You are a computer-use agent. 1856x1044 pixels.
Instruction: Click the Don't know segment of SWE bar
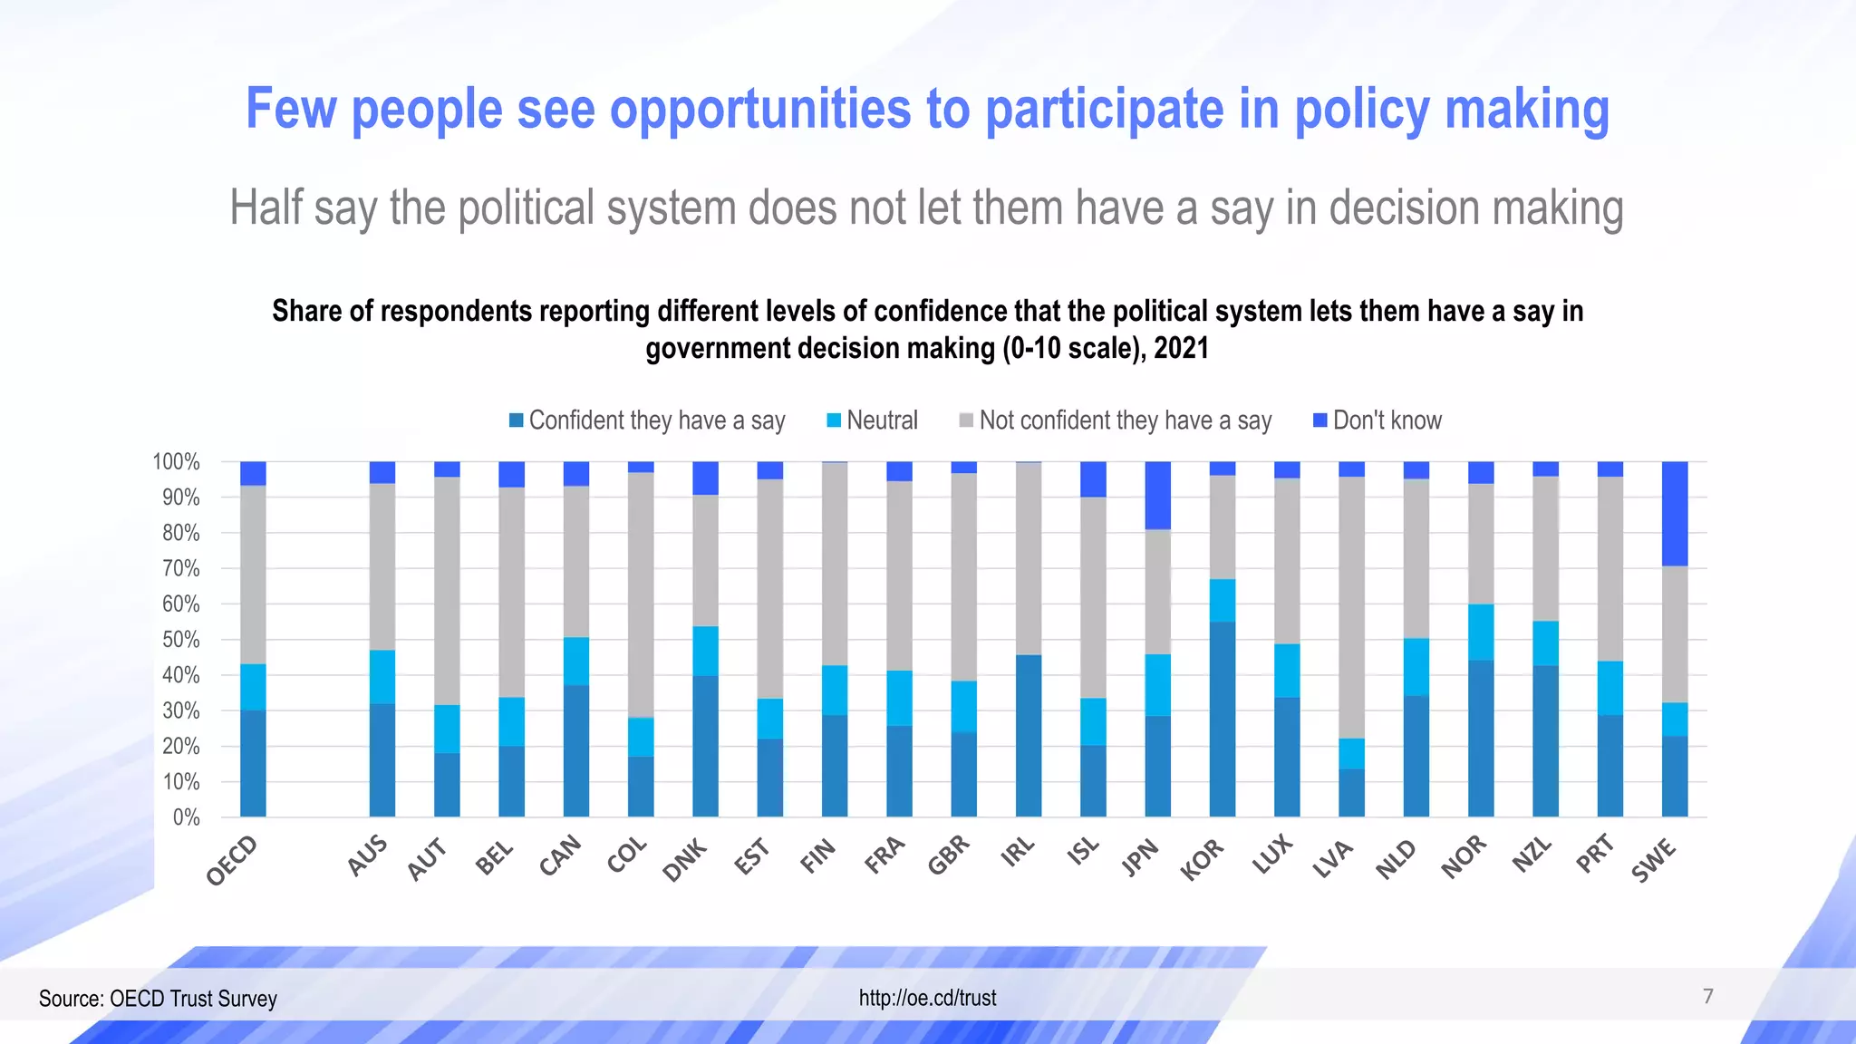coord(1674,513)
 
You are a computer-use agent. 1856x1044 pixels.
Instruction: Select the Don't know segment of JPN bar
coord(1157,495)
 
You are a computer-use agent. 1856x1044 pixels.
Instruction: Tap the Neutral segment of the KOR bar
coord(1222,600)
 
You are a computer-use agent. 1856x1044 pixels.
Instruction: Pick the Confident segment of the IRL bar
coord(1028,735)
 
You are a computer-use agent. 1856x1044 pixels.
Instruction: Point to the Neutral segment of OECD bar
coord(253,686)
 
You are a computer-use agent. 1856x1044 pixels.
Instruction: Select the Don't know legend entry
coord(1377,420)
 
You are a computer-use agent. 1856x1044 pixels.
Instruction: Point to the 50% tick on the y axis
coord(180,640)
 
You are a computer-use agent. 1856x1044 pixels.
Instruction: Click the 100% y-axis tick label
coord(176,462)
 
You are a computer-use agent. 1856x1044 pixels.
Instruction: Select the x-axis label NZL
coord(1532,855)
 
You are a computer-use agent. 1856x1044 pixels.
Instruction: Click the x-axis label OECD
coord(232,861)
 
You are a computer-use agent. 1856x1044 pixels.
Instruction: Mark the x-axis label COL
coord(627,855)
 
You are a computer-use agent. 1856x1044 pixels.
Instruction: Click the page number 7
coord(1707,996)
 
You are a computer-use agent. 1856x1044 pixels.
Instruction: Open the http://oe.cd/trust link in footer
coord(927,998)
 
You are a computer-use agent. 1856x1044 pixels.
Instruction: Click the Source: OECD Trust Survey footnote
coord(158,999)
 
